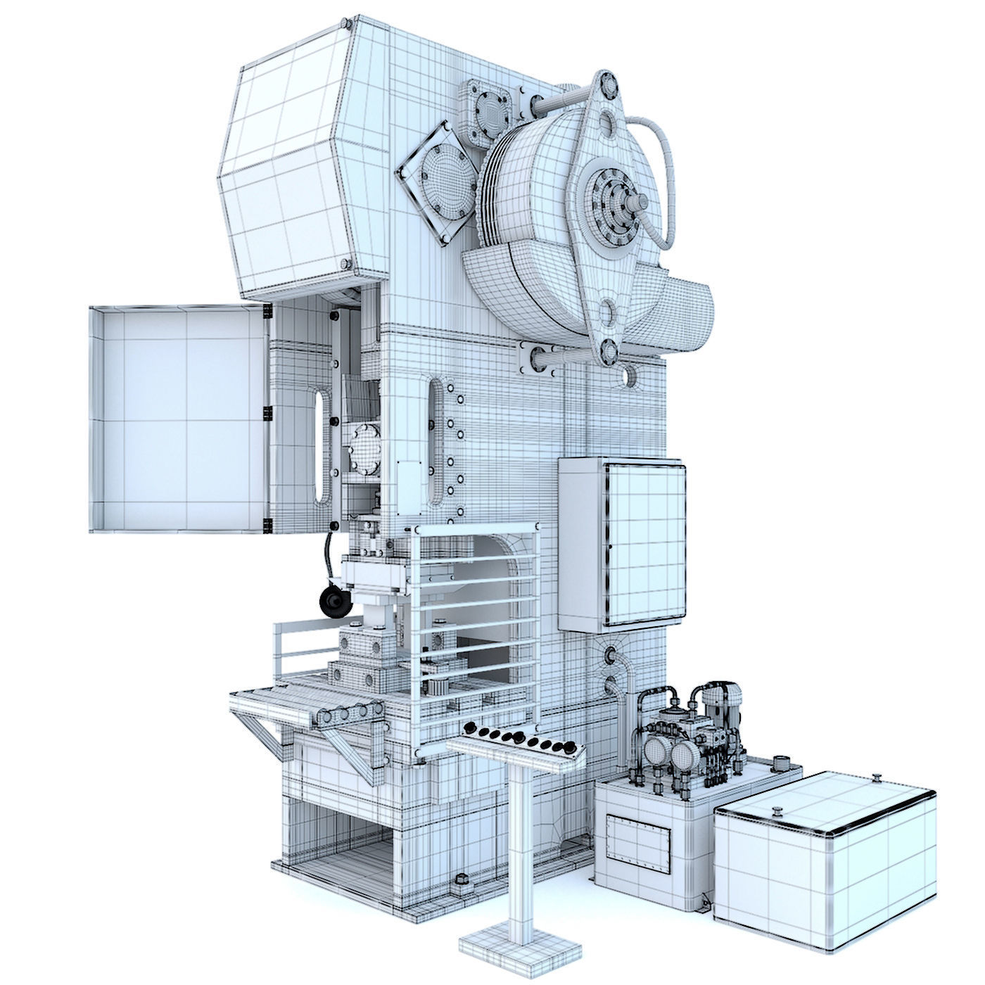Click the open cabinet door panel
pyautogui.click(x=176, y=419)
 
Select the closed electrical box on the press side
pyautogui.click(x=621, y=544)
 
